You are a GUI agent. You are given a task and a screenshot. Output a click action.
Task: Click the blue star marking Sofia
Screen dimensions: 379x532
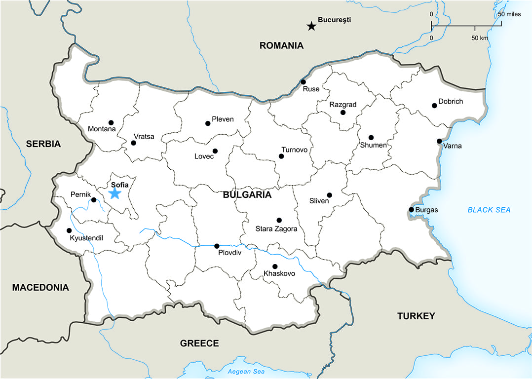point(114,193)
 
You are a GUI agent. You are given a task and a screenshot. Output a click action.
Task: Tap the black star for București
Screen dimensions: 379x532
point(311,26)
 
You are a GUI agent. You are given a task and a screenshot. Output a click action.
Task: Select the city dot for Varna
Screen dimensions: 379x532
point(439,141)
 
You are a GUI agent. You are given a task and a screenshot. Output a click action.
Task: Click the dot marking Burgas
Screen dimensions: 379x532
point(411,210)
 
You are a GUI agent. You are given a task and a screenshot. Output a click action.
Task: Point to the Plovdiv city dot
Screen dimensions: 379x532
point(217,246)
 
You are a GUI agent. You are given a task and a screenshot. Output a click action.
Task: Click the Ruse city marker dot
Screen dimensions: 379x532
point(303,82)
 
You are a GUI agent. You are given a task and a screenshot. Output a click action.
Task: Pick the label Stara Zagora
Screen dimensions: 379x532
point(276,229)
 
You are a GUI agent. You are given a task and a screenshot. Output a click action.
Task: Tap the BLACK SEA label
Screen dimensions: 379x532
point(489,210)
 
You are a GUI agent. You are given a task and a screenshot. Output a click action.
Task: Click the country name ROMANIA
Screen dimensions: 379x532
point(281,46)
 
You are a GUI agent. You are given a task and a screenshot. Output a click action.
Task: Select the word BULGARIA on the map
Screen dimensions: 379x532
point(247,194)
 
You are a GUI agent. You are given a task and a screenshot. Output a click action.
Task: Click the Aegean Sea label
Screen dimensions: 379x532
point(246,372)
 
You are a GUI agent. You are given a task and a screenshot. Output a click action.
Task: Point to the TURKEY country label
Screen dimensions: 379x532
point(416,316)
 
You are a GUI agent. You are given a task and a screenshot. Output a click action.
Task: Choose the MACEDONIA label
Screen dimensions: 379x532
point(40,287)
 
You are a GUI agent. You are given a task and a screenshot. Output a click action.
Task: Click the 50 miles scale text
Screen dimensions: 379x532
point(509,14)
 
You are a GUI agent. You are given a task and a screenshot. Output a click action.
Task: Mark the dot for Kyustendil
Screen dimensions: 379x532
point(69,230)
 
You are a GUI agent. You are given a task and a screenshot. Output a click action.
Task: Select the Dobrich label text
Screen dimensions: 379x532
point(451,101)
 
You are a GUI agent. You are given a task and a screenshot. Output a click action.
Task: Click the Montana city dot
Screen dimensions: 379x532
point(111,122)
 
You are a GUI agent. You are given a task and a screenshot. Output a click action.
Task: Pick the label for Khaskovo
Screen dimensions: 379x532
point(279,273)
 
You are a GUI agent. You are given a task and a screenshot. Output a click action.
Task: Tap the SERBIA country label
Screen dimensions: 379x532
point(43,144)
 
